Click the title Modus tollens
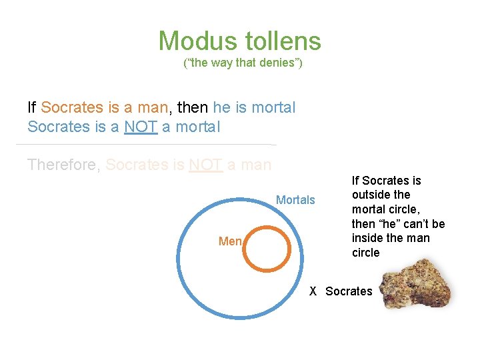(x=239, y=41)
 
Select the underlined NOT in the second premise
(x=141, y=127)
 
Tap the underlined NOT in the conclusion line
(x=205, y=164)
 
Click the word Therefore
(x=63, y=164)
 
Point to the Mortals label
(x=295, y=200)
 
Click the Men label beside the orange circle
(x=230, y=241)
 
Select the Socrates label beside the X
(x=349, y=291)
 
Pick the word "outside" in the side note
(x=371, y=195)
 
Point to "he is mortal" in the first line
(x=254, y=107)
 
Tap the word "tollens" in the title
(x=283, y=41)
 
